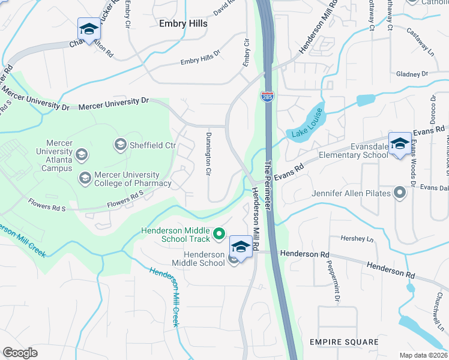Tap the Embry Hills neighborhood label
click(183, 23)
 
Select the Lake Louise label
click(308, 122)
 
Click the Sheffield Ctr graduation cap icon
click(120, 144)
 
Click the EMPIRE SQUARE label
click(344, 342)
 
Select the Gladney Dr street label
click(411, 74)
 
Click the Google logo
click(20, 353)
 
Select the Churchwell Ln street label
click(437, 307)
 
